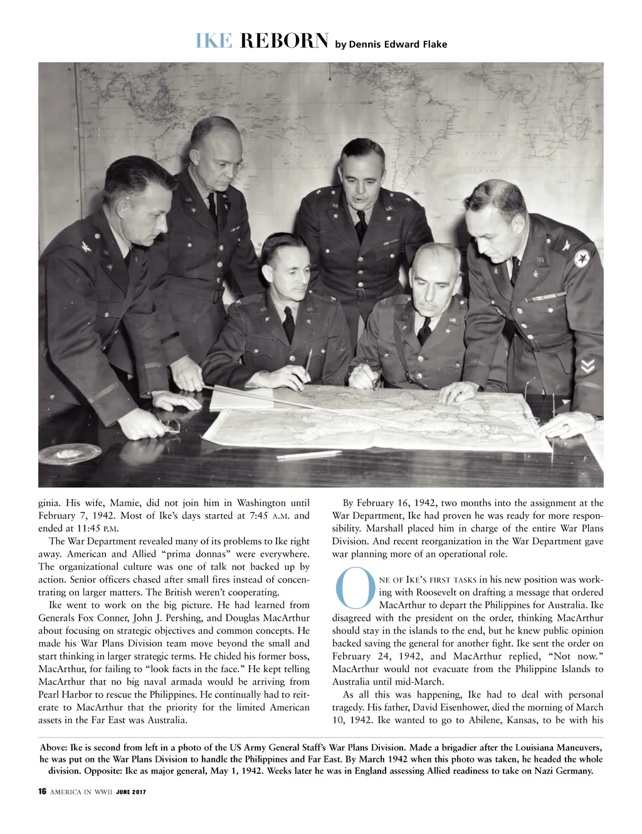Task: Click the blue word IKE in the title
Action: point(214,41)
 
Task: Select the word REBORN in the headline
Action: point(284,41)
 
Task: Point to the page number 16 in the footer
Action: point(42,791)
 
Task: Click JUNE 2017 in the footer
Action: point(131,792)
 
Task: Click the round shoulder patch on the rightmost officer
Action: point(582,258)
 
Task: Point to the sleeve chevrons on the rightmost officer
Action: point(587,366)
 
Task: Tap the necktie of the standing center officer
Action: point(361,226)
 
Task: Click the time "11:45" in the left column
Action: point(88,529)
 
